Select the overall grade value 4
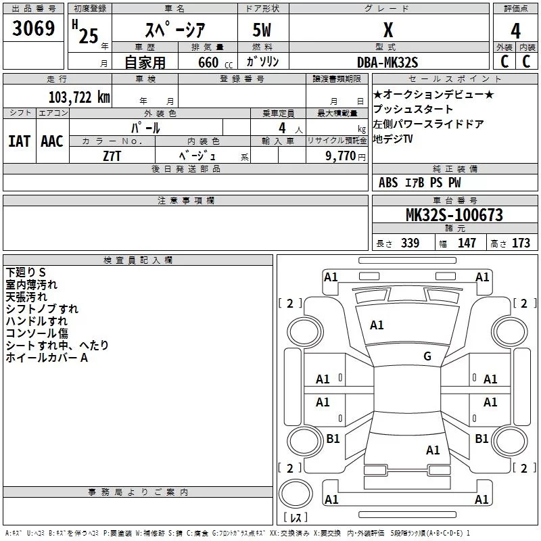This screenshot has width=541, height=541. (x=516, y=30)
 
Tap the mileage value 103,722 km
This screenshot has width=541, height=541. (x=79, y=97)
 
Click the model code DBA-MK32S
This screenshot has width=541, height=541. (x=388, y=62)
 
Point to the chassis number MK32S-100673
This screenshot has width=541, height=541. (x=454, y=215)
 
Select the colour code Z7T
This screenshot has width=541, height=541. (x=112, y=155)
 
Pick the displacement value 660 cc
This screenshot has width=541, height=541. (x=203, y=63)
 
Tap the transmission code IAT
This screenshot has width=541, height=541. (x=19, y=141)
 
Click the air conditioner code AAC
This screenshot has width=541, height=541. (x=52, y=141)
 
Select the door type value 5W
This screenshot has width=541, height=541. (x=263, y=31)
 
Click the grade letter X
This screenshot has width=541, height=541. (x=388, y=30)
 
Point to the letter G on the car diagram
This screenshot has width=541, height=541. (x=427, y=356)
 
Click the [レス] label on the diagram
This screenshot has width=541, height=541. (x=296, y=518)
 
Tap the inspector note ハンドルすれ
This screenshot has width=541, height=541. (x=37, y=321)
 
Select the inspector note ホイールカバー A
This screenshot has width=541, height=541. (x=47, y=358)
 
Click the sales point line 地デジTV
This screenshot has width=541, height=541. (x=393, y=139)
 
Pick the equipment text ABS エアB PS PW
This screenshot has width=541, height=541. (x=420, y=183)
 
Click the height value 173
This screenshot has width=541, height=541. (x=521, y=243)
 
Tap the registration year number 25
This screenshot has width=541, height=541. (x=89, y=36)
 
